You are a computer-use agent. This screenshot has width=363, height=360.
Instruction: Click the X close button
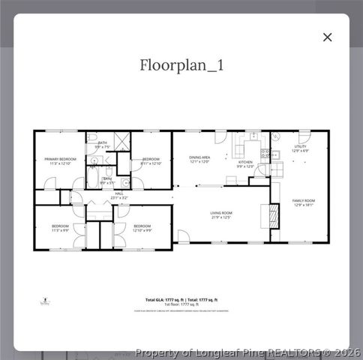(x=327, y=37)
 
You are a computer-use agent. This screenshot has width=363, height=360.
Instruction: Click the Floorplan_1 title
(x=181, y=65)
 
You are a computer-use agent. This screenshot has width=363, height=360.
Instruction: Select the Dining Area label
(x=199, y=159)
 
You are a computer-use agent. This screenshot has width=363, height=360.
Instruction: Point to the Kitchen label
(x=246, y=164)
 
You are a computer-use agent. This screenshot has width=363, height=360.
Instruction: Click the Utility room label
(x=300, y=148)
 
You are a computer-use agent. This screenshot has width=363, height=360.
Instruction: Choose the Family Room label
(x=303, y=202)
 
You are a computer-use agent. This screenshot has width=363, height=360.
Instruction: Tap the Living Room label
(x=221, y=215)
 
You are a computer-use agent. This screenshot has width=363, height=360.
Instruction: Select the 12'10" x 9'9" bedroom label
(x=142, y=227)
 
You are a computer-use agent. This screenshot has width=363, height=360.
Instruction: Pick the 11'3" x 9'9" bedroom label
(x=60, y=227)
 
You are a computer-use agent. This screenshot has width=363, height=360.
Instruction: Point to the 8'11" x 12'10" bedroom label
(x=151, y=161)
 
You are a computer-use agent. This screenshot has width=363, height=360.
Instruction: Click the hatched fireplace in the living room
(x=274, y=215)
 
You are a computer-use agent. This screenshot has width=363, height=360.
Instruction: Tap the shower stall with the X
(x=122, y=141)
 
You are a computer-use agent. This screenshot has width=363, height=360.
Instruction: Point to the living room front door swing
(x=183, y=237)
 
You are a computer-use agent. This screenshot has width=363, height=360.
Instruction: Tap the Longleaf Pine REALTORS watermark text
(x=247, y=352)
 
